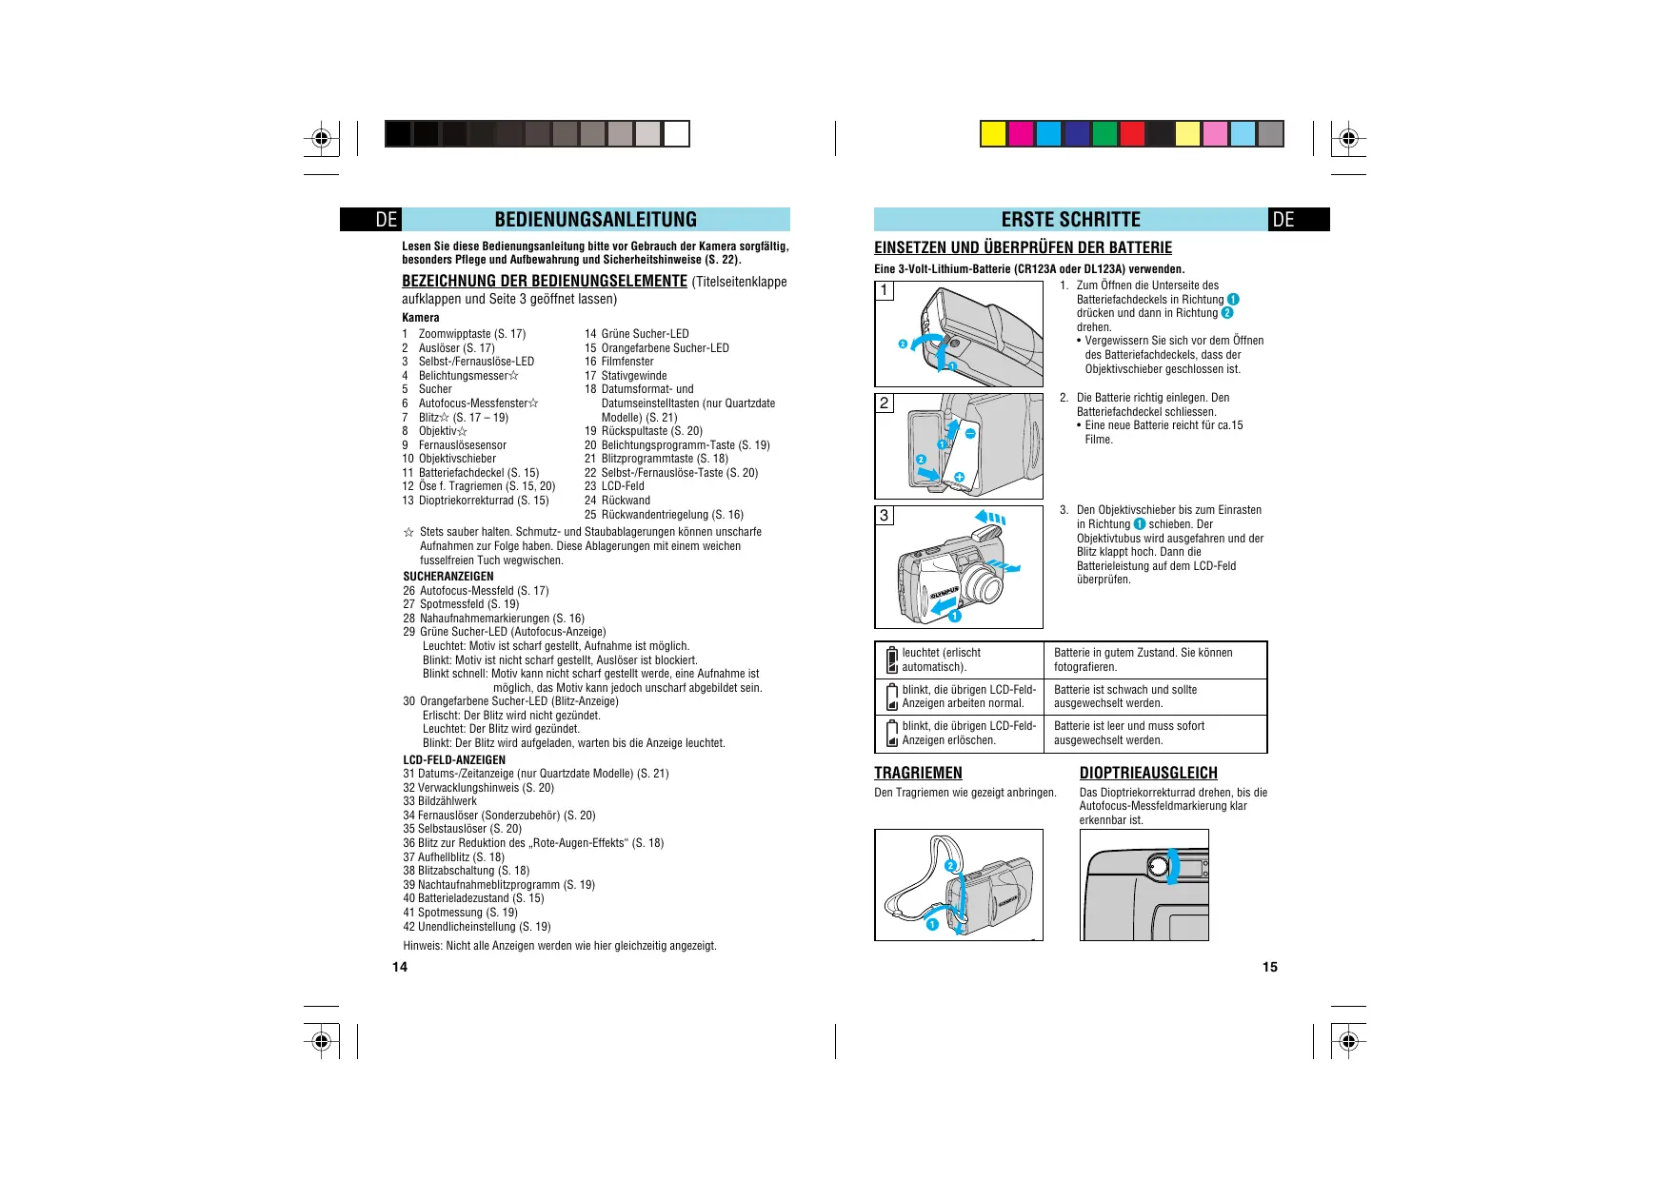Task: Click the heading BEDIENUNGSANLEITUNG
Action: (x=595, y=220)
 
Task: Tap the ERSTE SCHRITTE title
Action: (x=1070, y=220)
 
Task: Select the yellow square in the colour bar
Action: (x=993, y=134)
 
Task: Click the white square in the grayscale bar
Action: (x=676, y=134)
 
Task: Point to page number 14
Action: (x=400, y=967)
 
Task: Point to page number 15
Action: (x=1269, y=967)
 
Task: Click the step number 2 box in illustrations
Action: (x=885, y=403)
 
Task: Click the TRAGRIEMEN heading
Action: (x=918, y=773)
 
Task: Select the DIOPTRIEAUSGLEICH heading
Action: (x=1148, y=773)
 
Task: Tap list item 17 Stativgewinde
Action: (x=626, y=376)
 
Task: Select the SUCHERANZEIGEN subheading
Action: (x=448, y=577)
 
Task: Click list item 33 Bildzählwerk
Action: (x=440, y=801)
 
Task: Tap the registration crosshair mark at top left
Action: (x=322, y=139)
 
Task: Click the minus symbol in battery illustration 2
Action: (x=970, y=434)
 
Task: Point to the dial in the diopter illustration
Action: (x=1158, y=867)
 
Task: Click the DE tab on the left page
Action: (x=386, y=220)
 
